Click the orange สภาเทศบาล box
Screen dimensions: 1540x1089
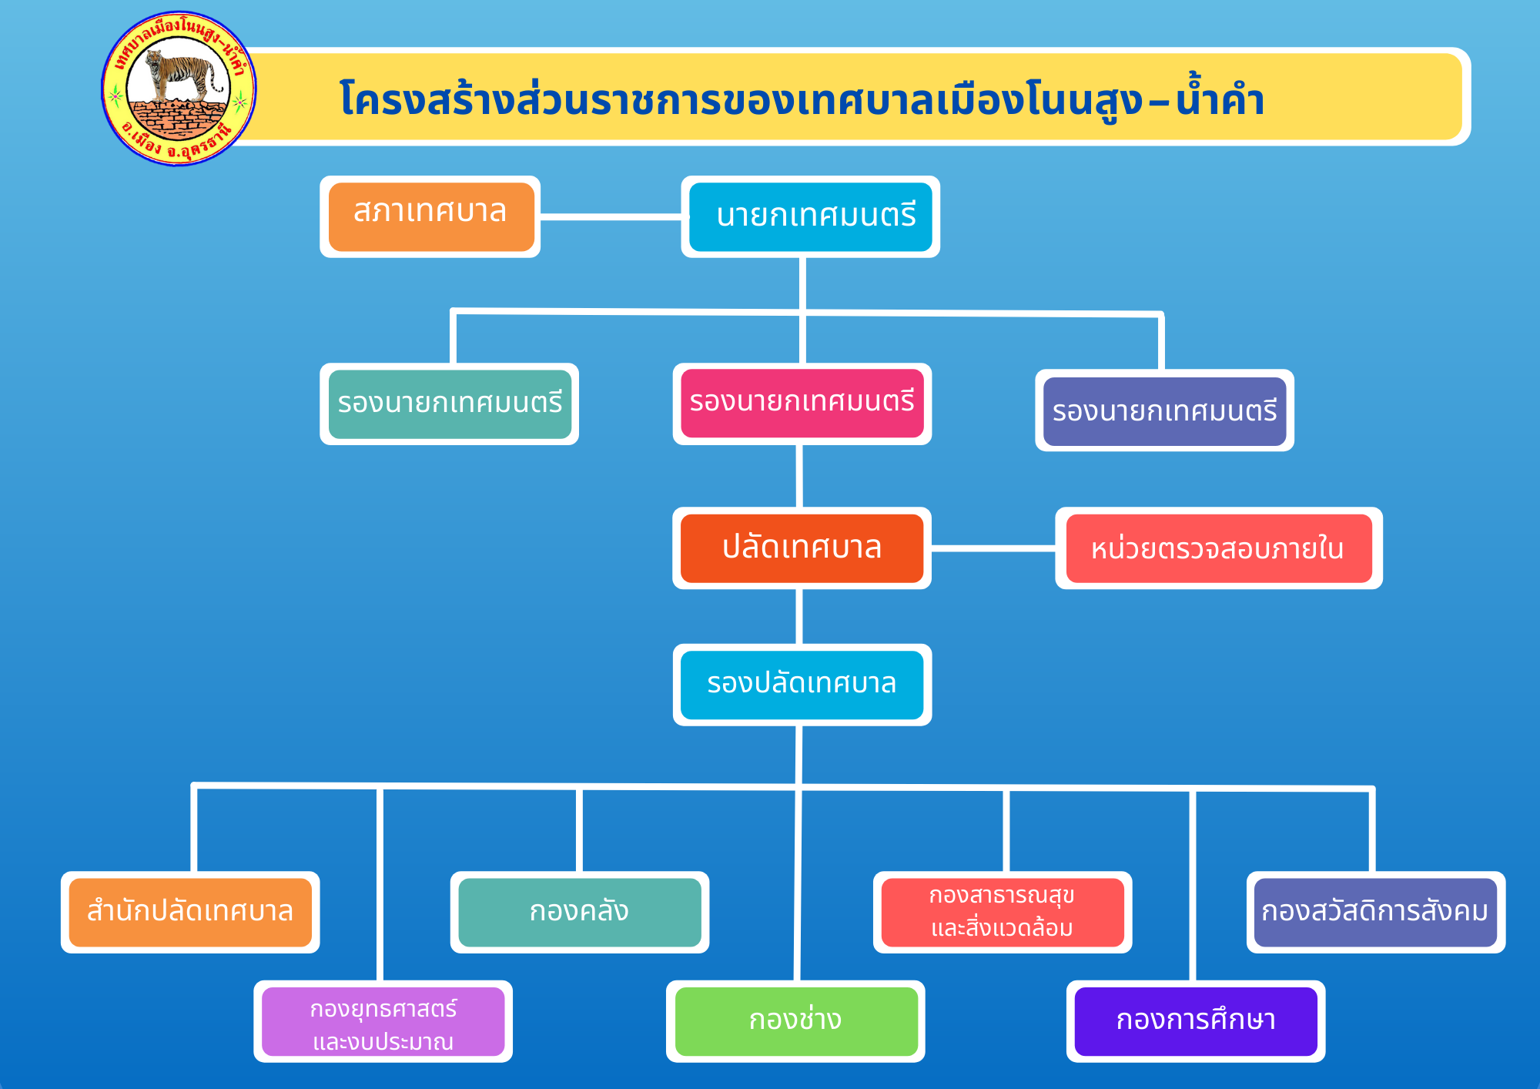point(430,216)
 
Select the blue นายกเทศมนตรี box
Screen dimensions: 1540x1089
point(810,216)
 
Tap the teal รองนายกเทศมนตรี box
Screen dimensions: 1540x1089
point(450,404)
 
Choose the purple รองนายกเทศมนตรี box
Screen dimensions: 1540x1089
point(1164,411)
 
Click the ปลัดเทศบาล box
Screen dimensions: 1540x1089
point(802,548)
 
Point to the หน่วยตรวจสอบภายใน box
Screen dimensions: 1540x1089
point(1219,548)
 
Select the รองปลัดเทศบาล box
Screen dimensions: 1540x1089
point(802,685)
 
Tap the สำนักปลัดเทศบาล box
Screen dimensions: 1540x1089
point(190,912)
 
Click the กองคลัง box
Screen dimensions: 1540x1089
point(580,912)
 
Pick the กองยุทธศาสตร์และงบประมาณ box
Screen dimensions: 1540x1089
point(383,1021)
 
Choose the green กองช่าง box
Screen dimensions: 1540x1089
point(796,1021)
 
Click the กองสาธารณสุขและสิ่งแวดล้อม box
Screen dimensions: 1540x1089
point(1003,912)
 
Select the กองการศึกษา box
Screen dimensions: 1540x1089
point(1196,1021)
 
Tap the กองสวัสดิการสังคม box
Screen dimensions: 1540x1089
point(1376,912)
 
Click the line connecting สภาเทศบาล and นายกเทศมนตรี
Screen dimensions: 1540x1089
point(611,217)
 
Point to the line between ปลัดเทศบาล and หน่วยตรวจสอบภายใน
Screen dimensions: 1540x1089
point(993,548)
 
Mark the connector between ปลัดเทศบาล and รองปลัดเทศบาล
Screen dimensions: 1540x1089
point(799,616)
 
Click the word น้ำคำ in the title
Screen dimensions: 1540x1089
point(1220,99)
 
